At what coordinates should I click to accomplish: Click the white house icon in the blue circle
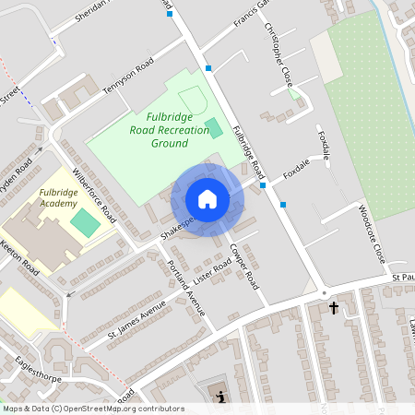tap(207, 199)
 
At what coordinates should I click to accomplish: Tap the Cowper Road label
tap(246, 268)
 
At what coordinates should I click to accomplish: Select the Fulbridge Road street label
tap(249, 152)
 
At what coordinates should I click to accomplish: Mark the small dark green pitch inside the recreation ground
tap(213, 126)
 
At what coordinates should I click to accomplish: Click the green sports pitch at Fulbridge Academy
tap(84, 221)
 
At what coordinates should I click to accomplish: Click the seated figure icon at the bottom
tap(221, 397)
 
